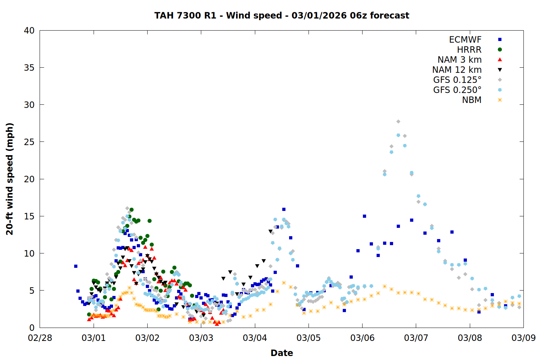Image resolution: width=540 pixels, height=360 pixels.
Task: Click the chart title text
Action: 282,15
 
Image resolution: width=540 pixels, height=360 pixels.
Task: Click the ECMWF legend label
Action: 465,40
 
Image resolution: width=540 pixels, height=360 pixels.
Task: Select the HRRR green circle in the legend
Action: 500,50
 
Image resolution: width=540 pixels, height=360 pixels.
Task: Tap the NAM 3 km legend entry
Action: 459,60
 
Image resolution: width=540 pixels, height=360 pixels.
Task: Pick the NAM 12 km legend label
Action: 457,70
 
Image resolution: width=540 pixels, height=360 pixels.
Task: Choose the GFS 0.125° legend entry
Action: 457,80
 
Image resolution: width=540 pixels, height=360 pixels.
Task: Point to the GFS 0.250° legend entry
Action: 457,90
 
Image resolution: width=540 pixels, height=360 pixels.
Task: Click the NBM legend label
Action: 472,100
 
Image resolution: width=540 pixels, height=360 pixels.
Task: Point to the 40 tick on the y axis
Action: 29,31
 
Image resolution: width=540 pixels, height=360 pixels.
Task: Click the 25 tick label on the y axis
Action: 29,142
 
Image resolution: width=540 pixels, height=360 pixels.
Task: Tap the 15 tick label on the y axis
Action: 29,216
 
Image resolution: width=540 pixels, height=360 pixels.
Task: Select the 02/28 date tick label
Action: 40,338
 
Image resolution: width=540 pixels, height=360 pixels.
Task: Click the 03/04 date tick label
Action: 255,338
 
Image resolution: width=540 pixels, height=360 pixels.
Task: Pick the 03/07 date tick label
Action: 416,338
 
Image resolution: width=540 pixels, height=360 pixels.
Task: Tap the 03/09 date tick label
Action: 523,338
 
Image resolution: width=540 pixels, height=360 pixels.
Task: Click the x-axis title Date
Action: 282,353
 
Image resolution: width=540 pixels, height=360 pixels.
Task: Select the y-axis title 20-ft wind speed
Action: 10,179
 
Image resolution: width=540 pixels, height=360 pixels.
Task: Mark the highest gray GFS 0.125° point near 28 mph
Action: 398,122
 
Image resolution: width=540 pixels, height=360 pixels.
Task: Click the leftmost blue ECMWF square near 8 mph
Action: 76,266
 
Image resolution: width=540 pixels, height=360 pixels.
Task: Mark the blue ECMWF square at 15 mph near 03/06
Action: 364,216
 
